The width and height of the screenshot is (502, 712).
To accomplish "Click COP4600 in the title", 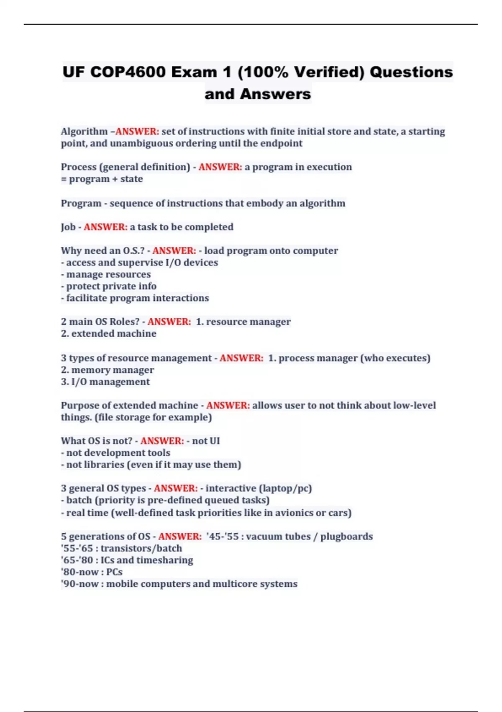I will [x=128, y=72].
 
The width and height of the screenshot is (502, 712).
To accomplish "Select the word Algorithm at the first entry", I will [x=84, y=132].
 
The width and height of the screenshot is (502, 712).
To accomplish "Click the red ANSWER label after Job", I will [x=105, y=227].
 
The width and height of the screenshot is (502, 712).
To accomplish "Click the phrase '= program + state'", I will [x=102, y=179].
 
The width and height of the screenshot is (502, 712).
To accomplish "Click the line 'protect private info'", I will [x=109, y=286].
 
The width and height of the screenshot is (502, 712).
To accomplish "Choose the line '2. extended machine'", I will [x=108, y=333].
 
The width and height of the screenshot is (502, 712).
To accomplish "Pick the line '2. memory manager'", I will [x=107, y=370].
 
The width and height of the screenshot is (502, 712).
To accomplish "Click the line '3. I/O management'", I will [x=105, y=382].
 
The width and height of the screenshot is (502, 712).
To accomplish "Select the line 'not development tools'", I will [x=116, y=453].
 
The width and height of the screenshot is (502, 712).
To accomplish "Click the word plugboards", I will [x=346, y=537].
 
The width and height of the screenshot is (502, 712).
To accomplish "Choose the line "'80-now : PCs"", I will [x=92, y=572].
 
